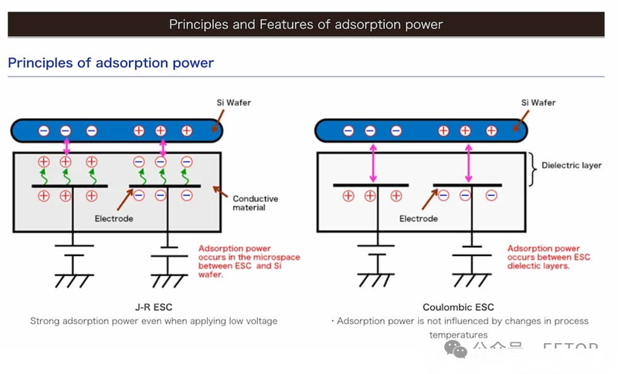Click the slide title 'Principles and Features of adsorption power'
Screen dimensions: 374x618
click(x=306, y=24)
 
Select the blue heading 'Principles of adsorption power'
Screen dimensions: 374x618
click(x=110, y=62)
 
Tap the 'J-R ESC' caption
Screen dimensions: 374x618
click(x=151, y=307)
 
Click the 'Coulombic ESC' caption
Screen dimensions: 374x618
click(x=458, y=307)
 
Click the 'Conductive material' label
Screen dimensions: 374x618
click(x=255, y=204)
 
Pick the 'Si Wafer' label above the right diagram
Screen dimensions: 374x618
click(x=538, y=103)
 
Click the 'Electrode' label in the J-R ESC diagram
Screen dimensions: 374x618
click(x=114, y=219)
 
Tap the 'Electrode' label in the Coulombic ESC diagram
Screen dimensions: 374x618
click(x=419, y=219)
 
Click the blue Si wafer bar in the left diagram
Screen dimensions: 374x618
click(x=116, y=131)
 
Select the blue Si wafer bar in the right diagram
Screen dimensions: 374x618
click(x=421, y=131)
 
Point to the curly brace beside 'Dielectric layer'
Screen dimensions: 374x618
click(x=534, y=169)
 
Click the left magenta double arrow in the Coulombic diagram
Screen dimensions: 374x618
click(x=373, y=163)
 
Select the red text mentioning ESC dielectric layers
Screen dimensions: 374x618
click(x=549, y=258)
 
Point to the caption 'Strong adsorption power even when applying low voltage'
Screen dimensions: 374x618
click(x=153, y=321)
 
